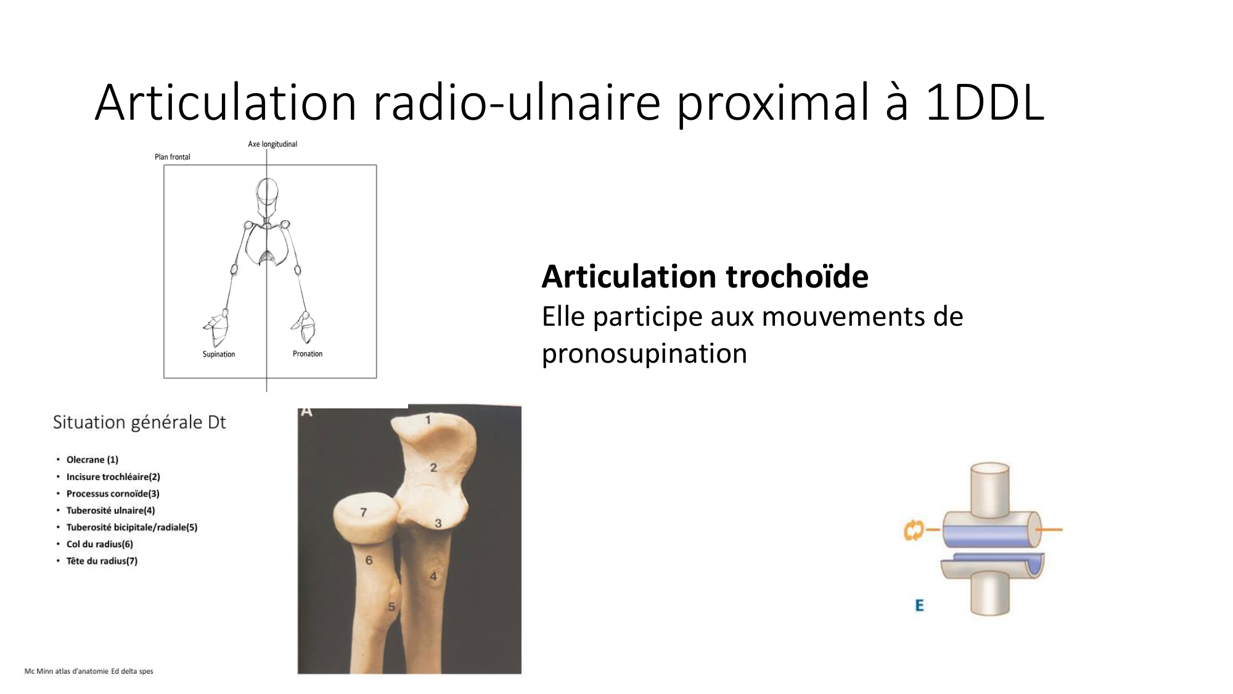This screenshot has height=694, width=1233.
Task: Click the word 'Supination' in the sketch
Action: [x=218, y=354]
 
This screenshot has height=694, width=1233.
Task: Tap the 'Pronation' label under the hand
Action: [x=307, y=353]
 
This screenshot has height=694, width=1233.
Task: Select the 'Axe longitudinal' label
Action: [x=272, y=144]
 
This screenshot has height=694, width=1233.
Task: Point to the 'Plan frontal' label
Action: [x=172, y=157]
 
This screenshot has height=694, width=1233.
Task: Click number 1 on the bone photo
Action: [x=428, y=420]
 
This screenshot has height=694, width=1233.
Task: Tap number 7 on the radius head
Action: [x=364, y=512]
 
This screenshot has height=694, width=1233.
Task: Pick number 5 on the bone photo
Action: [x=391, y=607]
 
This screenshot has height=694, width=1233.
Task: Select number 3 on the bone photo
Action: [x=438, y=523]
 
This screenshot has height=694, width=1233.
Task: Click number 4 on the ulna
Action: [x=433, y=576]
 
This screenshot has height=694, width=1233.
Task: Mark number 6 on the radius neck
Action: [x=369, y=560]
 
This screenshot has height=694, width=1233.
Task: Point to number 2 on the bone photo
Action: [x=433, y=468]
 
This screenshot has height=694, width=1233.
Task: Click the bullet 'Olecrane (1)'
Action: [x=92, y=460]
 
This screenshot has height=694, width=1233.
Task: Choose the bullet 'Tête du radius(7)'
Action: [x=102, y=561]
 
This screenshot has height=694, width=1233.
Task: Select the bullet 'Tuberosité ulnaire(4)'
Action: [x=110, y=510]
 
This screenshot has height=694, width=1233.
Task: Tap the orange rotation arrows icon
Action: [x=913, y=530]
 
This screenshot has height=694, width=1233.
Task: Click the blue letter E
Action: [x=919, y=605]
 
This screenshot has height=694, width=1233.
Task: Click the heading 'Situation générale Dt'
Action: [x=139, y=422]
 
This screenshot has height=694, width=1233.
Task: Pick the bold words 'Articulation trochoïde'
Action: [x=705, y=276]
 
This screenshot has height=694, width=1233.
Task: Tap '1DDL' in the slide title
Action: [x=985, y=102]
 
